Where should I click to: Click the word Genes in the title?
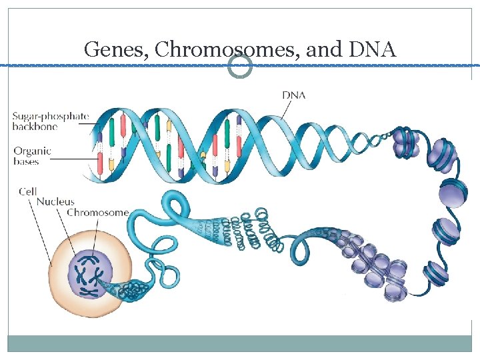click(107, 49)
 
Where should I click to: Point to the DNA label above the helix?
click(293, 95)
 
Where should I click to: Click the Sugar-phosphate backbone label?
click(50, 121)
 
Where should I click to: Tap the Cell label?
click(27, 191)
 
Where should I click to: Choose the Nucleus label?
click(55, 201)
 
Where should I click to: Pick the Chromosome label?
click(97, 213)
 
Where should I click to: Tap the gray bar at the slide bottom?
click(239, 343)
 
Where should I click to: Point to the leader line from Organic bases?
click(73, 159)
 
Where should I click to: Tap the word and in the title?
click(323, 49)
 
